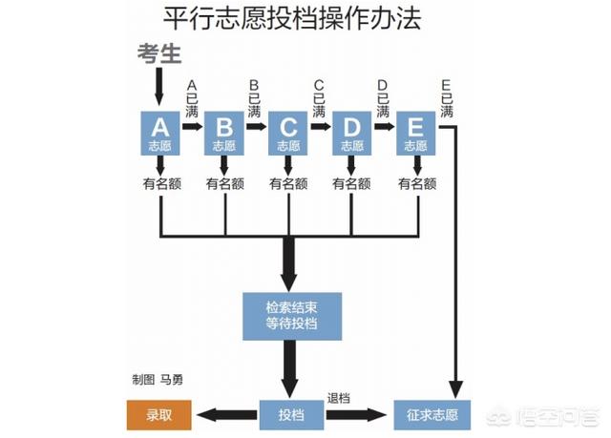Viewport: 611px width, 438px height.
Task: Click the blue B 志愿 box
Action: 223,134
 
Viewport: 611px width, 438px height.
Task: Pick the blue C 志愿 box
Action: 287,134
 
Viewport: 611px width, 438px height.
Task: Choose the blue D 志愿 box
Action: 351,134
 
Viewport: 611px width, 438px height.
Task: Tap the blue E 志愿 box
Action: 415,134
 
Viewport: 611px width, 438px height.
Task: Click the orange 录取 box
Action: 158,415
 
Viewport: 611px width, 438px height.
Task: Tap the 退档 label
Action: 340,398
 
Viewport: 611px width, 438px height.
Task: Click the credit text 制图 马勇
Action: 158,379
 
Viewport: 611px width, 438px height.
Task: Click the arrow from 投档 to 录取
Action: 225,415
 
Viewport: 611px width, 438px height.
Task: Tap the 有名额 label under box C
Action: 287,184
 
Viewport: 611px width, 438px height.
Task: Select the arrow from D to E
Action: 384,125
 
